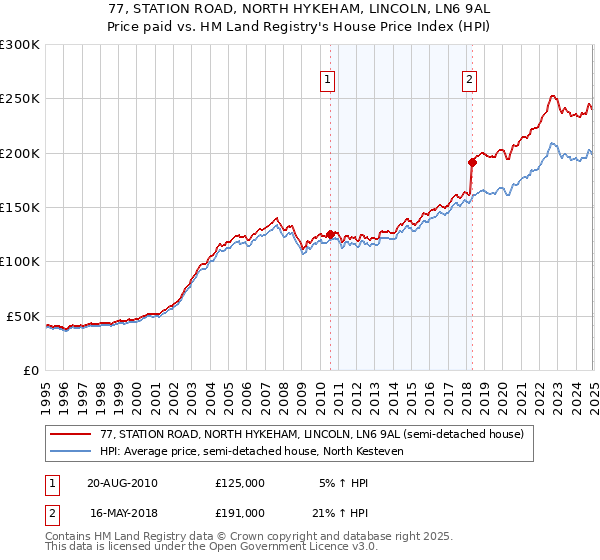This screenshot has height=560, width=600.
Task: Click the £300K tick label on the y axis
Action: click(x=20, y=45)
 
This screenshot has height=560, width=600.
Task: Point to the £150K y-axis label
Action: click(x=20, y=208)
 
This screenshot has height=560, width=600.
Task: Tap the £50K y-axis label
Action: click(x=23, y=316)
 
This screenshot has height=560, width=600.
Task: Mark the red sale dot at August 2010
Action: click(x=330, y=234)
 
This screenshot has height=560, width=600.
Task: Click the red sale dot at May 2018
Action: click(x=472, y=162)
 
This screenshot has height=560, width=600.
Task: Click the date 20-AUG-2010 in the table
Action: click(x=122, y=482)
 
